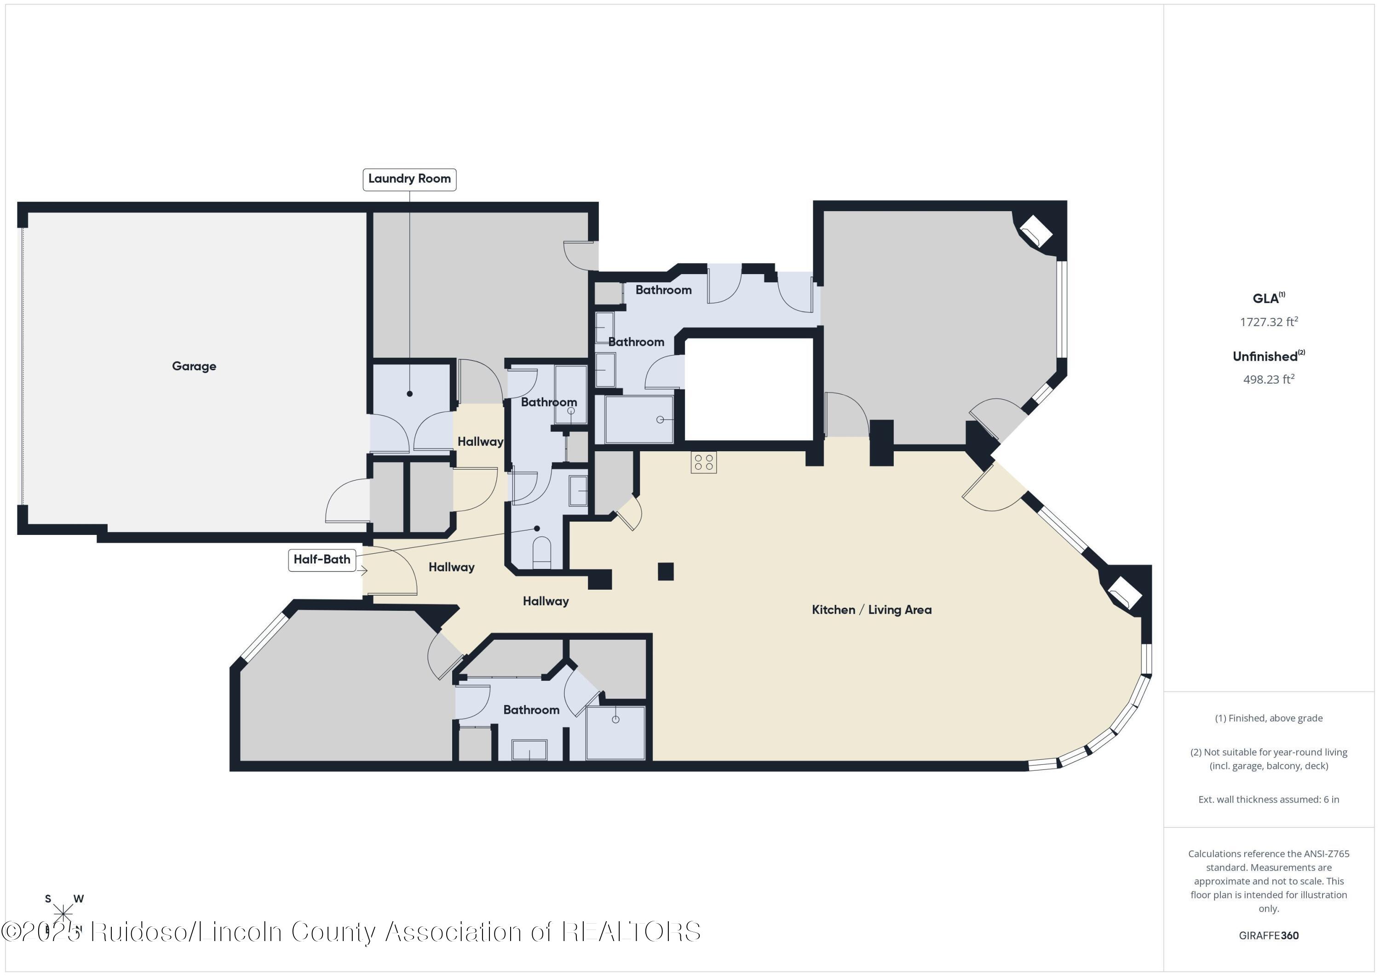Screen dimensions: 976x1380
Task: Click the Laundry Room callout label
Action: pos(409,179)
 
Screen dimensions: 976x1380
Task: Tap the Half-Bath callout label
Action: pos(322,559)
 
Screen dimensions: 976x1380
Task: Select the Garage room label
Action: pos(194,366)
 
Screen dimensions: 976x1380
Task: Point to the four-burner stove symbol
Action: pos(703,462)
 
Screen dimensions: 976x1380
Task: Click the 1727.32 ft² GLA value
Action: pos(1268,322)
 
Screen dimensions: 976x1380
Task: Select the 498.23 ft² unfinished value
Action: pos(1268,379)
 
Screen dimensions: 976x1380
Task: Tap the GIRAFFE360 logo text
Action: pos(1268,935)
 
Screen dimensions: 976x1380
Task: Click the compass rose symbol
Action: pos(63,914)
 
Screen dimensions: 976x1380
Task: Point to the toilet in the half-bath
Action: pos(541,553)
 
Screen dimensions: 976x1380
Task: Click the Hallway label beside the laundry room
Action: pos(480,442)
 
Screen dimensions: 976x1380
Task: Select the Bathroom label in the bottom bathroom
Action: pos(531,710)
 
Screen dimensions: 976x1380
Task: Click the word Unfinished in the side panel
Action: pos(1265,356)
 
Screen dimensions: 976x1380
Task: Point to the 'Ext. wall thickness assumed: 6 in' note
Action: pos(1268,799)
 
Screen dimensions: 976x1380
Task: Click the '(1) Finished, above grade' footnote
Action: pos(1268,718)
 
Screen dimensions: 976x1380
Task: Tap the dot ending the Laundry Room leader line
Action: pos(409,394)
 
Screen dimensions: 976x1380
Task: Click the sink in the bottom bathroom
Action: pos(529,750)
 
